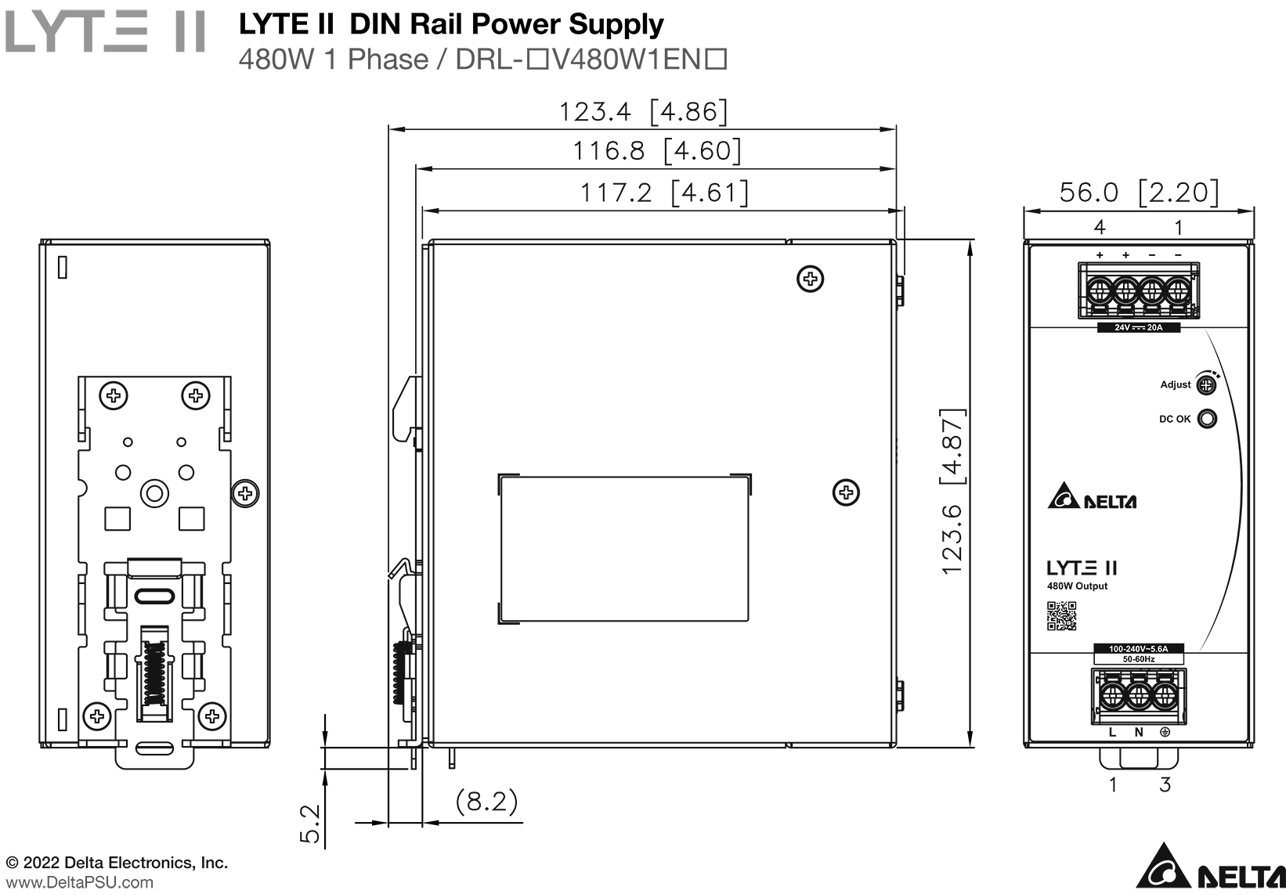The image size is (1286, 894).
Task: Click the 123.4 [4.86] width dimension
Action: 642,112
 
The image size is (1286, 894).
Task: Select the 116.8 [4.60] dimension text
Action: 656,150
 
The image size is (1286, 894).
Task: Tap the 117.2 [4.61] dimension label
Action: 663,192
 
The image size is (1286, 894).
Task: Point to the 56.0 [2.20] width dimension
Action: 1139,192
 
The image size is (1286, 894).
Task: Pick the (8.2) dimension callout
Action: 487,801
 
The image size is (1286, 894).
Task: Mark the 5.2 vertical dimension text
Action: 311,824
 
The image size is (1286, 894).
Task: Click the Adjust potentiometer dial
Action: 1207,384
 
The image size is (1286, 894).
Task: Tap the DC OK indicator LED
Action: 1208,419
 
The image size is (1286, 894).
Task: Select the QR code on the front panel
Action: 1062,615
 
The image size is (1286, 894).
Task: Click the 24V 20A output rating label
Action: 1139,327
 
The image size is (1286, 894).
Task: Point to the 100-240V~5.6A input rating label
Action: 1138,649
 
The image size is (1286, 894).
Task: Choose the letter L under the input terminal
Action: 1112,733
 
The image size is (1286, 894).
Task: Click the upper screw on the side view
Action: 811,278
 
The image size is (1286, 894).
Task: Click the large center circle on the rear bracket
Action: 154,493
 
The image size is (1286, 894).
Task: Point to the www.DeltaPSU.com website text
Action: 79,882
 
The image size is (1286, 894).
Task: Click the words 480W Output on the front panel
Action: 1077,586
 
